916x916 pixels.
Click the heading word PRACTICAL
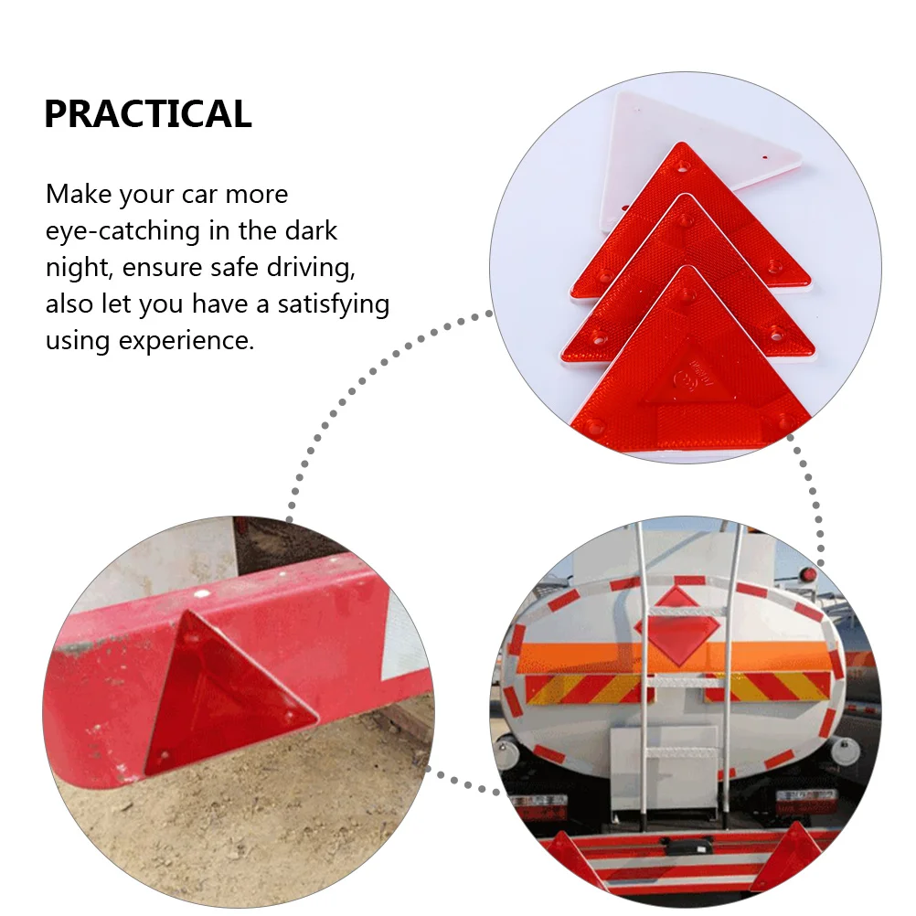pos(148,113)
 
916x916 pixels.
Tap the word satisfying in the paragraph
pos(333,304)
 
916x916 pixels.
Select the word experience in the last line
pos(186,341)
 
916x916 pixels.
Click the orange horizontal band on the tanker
pos(677,656)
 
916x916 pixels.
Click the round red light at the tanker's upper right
pos(808,575)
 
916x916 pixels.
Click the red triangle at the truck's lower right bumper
pos(785,858)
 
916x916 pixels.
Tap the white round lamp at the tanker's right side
pos(845,751)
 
